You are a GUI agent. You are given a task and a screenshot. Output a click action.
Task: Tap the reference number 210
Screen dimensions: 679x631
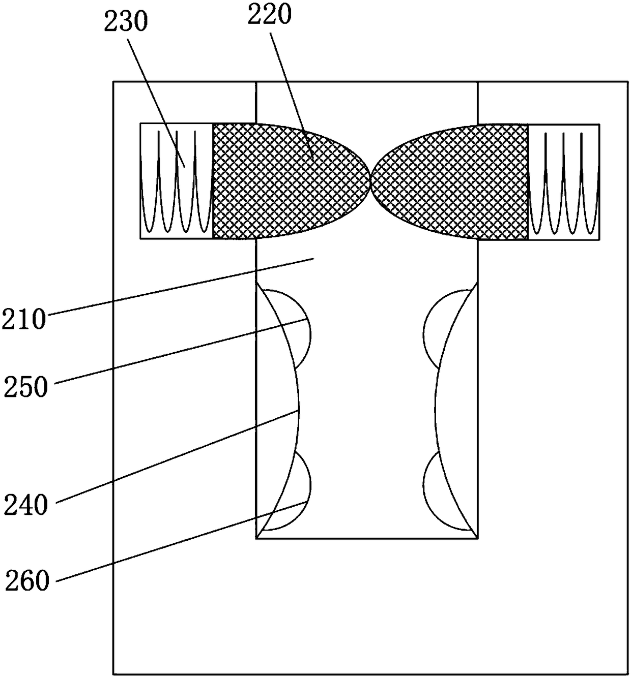(x=23, y=320)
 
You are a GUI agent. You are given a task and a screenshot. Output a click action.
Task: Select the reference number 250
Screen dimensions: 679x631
(x=26, y=387)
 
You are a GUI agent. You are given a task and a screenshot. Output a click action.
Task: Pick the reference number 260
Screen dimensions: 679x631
(x=27, y=580)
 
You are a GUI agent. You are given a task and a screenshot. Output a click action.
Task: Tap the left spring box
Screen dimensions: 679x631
(x=176, y=180)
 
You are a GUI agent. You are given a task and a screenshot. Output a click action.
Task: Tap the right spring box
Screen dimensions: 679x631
(x=564, y=180)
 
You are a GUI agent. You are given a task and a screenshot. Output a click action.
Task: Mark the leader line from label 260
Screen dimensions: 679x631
(x=178, y=541)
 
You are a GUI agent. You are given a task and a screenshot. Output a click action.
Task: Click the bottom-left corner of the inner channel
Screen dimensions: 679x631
(x=256, y=538)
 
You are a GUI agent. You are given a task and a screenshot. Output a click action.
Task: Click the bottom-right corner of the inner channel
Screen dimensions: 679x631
(x=477, y=538)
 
